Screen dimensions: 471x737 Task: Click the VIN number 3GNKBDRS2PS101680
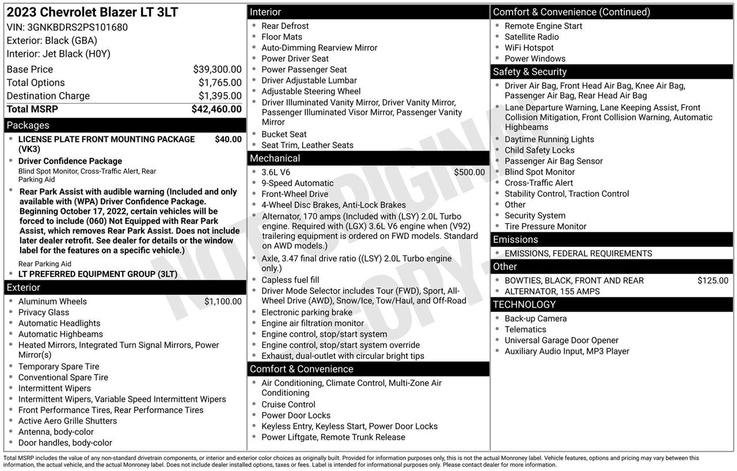77,27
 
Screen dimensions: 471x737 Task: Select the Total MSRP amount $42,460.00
216,109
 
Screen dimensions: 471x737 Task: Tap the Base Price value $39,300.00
217,70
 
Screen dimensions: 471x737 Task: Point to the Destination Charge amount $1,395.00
220,96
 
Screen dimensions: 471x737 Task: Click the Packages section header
28,125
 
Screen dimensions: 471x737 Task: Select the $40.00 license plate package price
228,139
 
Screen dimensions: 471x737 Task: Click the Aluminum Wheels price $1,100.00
223,301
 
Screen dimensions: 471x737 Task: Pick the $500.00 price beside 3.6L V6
469,172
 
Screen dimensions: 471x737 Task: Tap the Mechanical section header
275,158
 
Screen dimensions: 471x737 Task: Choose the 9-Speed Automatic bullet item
297,183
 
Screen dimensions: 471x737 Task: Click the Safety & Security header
530,72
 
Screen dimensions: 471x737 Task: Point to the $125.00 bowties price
713,281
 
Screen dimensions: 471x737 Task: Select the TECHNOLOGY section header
524,304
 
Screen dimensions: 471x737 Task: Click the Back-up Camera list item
535,319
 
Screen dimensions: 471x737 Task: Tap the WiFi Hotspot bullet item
529,48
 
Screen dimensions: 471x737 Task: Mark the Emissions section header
515,240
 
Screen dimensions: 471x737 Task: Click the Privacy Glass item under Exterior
44,312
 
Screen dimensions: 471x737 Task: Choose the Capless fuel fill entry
290,280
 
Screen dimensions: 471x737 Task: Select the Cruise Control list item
288,404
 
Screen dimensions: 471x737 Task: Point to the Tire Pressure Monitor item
545,227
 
